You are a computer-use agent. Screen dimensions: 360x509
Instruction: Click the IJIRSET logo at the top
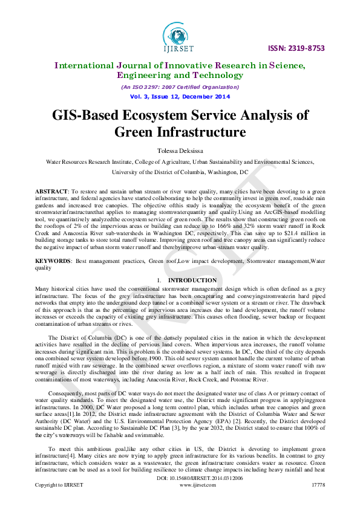point(180,37)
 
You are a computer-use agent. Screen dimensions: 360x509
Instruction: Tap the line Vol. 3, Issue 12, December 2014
point(180,97)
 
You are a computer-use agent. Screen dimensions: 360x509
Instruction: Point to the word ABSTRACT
point(51,190)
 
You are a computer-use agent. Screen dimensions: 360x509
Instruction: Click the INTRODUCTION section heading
point(192,280)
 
